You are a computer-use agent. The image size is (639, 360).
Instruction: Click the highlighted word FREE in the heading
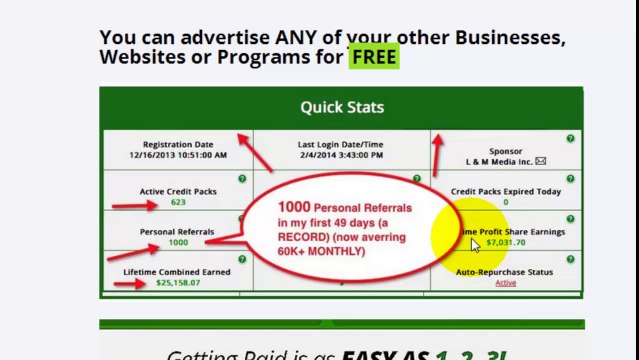tap(374, 57)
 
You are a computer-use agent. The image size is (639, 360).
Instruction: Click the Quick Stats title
tap(341, 107)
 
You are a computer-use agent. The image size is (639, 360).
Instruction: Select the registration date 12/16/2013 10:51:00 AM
tap(178, 155)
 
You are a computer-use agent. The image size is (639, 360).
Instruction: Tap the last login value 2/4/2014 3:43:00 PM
tap(340, 155)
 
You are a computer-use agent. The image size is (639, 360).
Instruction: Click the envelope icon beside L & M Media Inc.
tap(541, 160)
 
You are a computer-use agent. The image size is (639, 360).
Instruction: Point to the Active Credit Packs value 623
tap(178, 202)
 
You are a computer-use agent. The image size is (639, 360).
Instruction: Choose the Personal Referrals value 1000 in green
tap(178, 242)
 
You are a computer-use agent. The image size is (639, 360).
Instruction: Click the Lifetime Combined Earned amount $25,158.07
tap(177, 283)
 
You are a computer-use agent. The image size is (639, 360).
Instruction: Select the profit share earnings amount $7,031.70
tap(505, 242)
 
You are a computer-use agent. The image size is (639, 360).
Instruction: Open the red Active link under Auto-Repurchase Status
tap(505, 283)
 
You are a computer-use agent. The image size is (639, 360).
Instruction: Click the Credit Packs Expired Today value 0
tap(505, 202)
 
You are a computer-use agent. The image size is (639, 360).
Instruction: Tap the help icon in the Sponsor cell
tap(570, 139)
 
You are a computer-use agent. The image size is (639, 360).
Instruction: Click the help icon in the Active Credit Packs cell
tap(242, 178)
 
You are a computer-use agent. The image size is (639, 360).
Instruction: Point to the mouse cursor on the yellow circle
tap(476, 244)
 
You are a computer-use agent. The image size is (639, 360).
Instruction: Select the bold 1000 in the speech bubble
tap(296, 207)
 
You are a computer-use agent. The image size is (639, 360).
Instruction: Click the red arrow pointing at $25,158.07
tap(129, 283)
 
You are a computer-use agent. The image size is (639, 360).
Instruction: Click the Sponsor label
tap(505, 151)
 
